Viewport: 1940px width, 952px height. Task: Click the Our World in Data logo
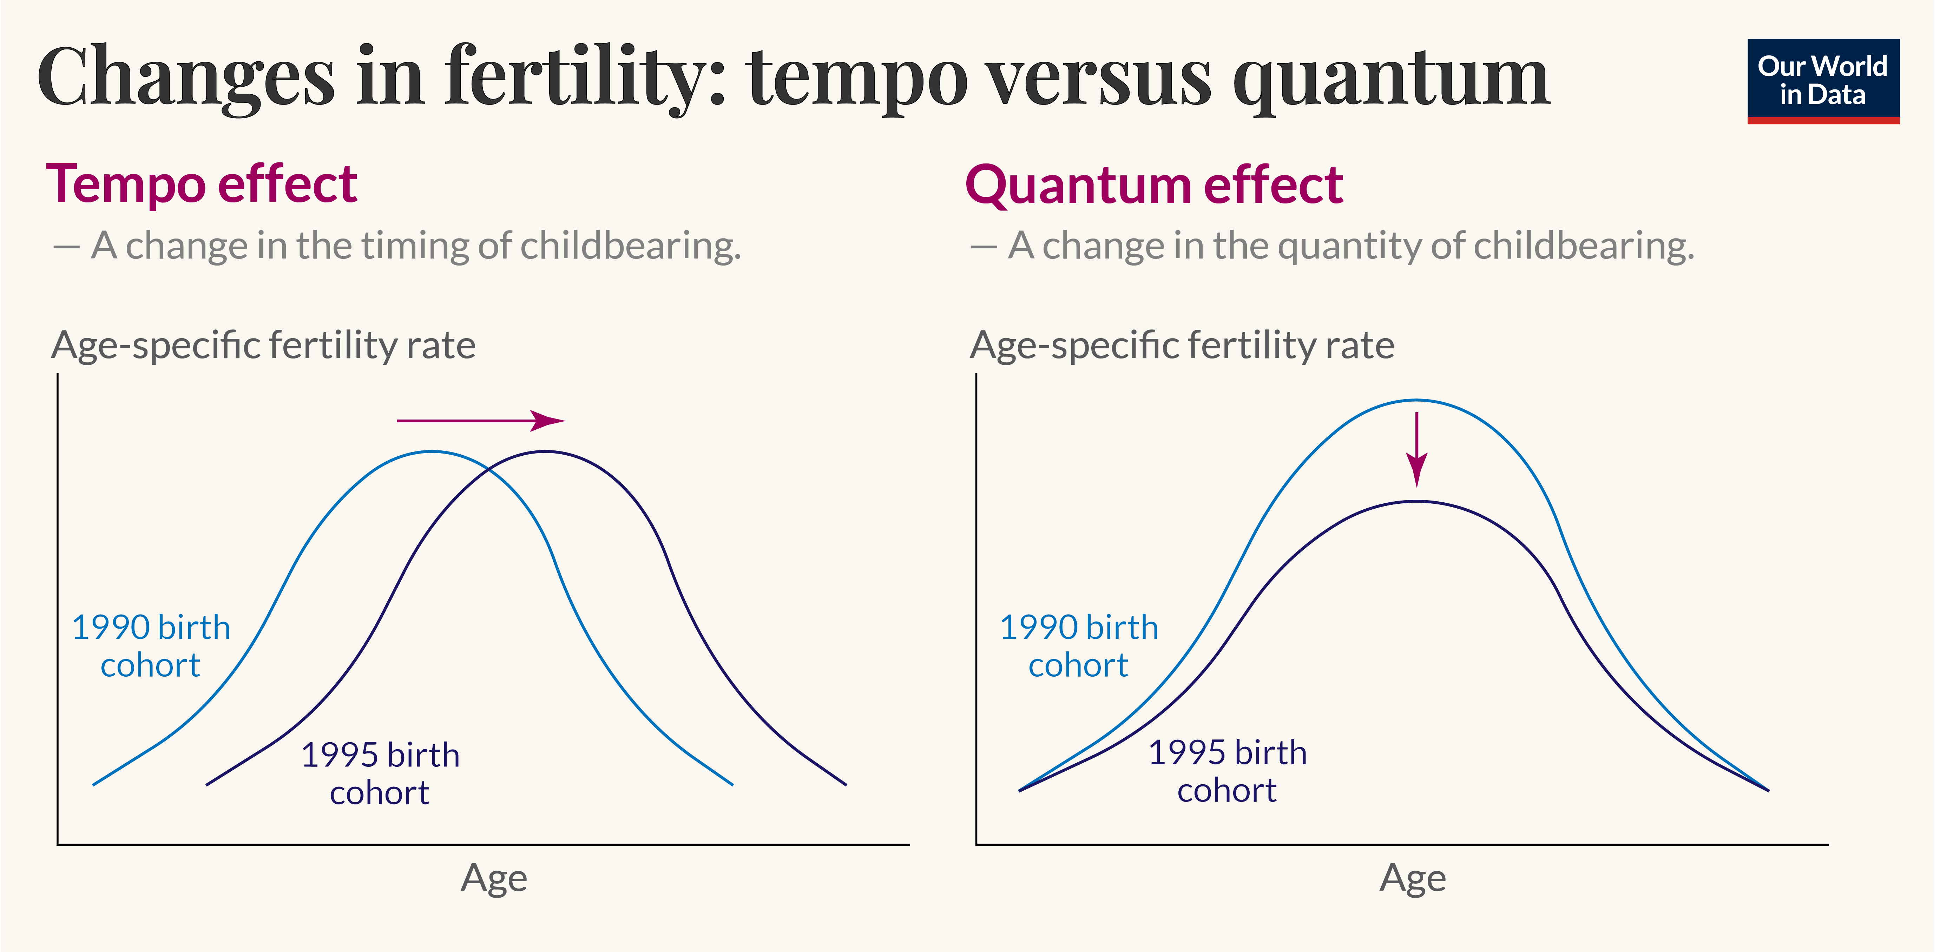1822,81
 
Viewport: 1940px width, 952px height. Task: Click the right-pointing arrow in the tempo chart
480,421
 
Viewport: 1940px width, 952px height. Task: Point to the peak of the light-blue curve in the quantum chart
1416,400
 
